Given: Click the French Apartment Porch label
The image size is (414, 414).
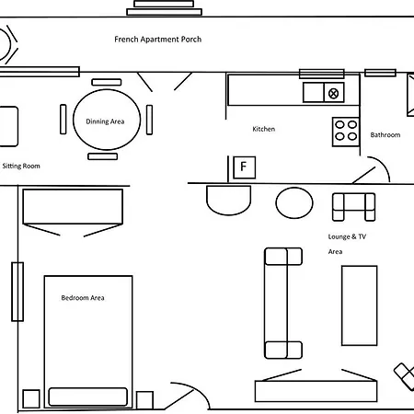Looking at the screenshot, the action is pyautogui.click(x=158, y=40).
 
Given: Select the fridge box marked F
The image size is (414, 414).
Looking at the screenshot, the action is pyautogui.click(x=244, y=167).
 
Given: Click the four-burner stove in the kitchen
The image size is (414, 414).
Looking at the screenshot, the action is pyautogui.click(x=346, y=132).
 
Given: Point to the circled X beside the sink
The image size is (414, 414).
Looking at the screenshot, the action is pyautogui.click(x=333, y=93).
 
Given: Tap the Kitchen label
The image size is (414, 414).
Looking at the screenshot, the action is pyautogui.click(x=263, y=129).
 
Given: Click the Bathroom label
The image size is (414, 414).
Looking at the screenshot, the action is pyautogui.click(x=385, y=135).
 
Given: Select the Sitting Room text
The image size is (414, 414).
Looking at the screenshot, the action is pyautogui.click(x=21, y=166).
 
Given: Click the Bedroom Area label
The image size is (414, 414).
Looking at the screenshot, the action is pyautogui.click(x=83, y=298).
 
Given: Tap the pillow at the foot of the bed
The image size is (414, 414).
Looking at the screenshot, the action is pyautogui.click(x=88, y=397).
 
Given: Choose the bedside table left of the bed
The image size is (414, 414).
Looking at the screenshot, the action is pyautogui.click(x=31, y=399).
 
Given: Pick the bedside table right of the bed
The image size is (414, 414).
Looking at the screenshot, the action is pyautogui.click(x=144, y=400).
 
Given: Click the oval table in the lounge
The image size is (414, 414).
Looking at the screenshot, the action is pyautogui.click(x=294, y=202).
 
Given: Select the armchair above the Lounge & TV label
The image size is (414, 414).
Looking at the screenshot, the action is pyautogui.click(x=353, y=207).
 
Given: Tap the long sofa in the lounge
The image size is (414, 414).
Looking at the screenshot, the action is pyautogui.click(x=283, y=304).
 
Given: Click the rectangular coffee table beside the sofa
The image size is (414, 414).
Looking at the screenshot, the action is pyautogui.click(x=360, y=305).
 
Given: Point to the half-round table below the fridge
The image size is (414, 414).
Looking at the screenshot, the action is pyautogui.click(x=229, y=200).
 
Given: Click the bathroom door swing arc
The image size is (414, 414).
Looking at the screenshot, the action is pyautogui.click(x=384, y=165).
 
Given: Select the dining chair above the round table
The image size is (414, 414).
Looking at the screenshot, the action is pyautogui.click(x=107, y=82).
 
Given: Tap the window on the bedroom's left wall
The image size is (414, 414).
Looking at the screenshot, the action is pyautogui.click(x=17, y=292).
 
